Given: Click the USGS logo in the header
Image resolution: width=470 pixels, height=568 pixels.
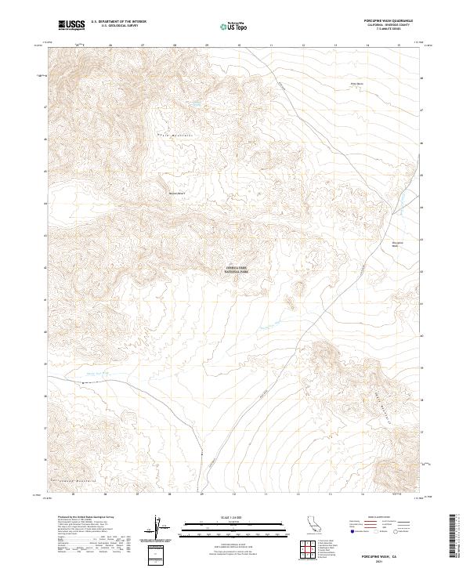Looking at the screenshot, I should pyautogui.click(x=72, y=25).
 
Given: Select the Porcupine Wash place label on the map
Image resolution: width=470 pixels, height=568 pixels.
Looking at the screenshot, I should pyautogui.click(x=396, y=244).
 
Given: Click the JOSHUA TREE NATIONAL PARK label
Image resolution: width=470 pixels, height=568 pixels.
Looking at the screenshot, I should pyautogui.click(x=237, y=270).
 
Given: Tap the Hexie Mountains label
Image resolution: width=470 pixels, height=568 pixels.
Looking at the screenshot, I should pyautogui.click(x=177, y=136).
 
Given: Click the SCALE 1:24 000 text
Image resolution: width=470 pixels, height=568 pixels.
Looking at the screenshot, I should pyautogui.click(x=235, y=518).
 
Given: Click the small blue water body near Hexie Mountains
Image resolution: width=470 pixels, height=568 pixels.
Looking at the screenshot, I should pyautogui.click(x=195, y=103).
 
